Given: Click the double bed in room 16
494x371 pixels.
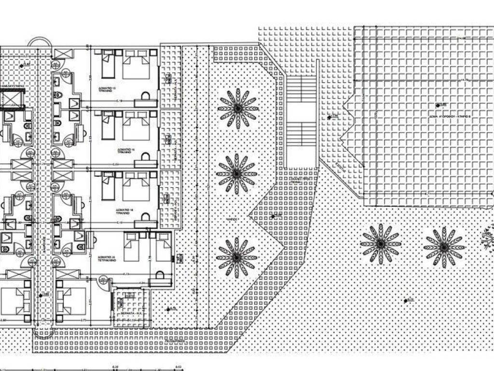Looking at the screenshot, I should coord(136,126).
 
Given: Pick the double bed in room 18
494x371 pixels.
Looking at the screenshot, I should coord(136,187).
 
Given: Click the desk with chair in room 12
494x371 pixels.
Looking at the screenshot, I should coord(144,101).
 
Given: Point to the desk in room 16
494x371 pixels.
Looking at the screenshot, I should coord(145,163).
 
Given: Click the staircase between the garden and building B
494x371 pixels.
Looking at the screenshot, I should coord(301,121).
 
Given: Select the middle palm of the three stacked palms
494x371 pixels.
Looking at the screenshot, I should coord(236,173).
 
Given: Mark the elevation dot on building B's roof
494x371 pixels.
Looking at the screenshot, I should coord(438,105).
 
